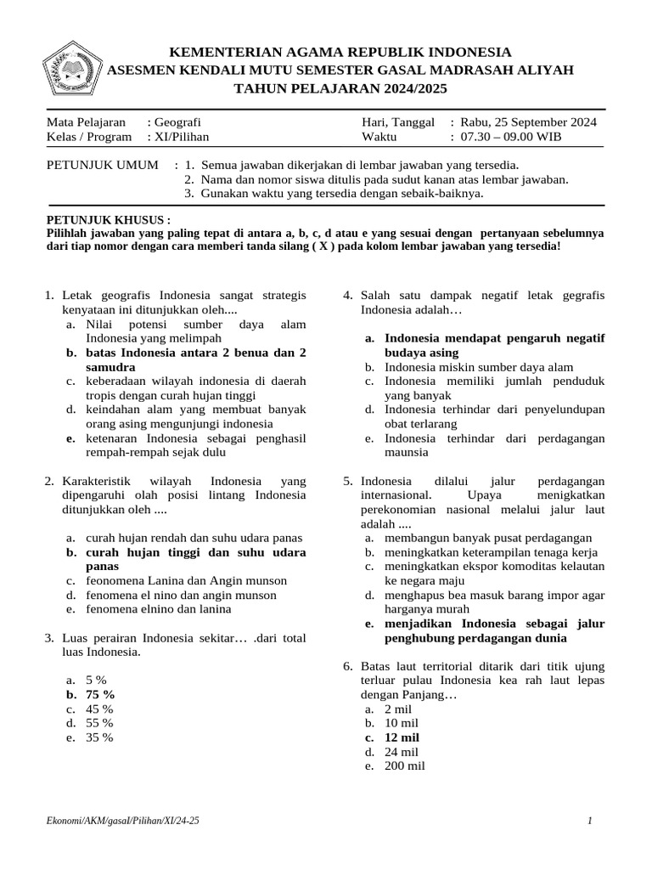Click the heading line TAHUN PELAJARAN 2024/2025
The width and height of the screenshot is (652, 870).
[340, 88]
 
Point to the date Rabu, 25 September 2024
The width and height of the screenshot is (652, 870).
[527, 122]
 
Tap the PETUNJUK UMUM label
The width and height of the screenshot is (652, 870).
[102, 165]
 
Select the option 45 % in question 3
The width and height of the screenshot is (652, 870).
[99, 709]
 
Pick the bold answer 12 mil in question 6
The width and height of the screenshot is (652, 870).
[402, 737]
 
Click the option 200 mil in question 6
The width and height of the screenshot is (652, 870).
[404, 766]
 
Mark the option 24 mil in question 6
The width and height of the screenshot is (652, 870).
[402, 752]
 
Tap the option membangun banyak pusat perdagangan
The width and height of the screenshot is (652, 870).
[488, 538]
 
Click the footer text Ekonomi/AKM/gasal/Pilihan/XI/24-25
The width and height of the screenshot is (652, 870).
[124, 822]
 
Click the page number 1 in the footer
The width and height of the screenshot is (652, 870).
[589, 822]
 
